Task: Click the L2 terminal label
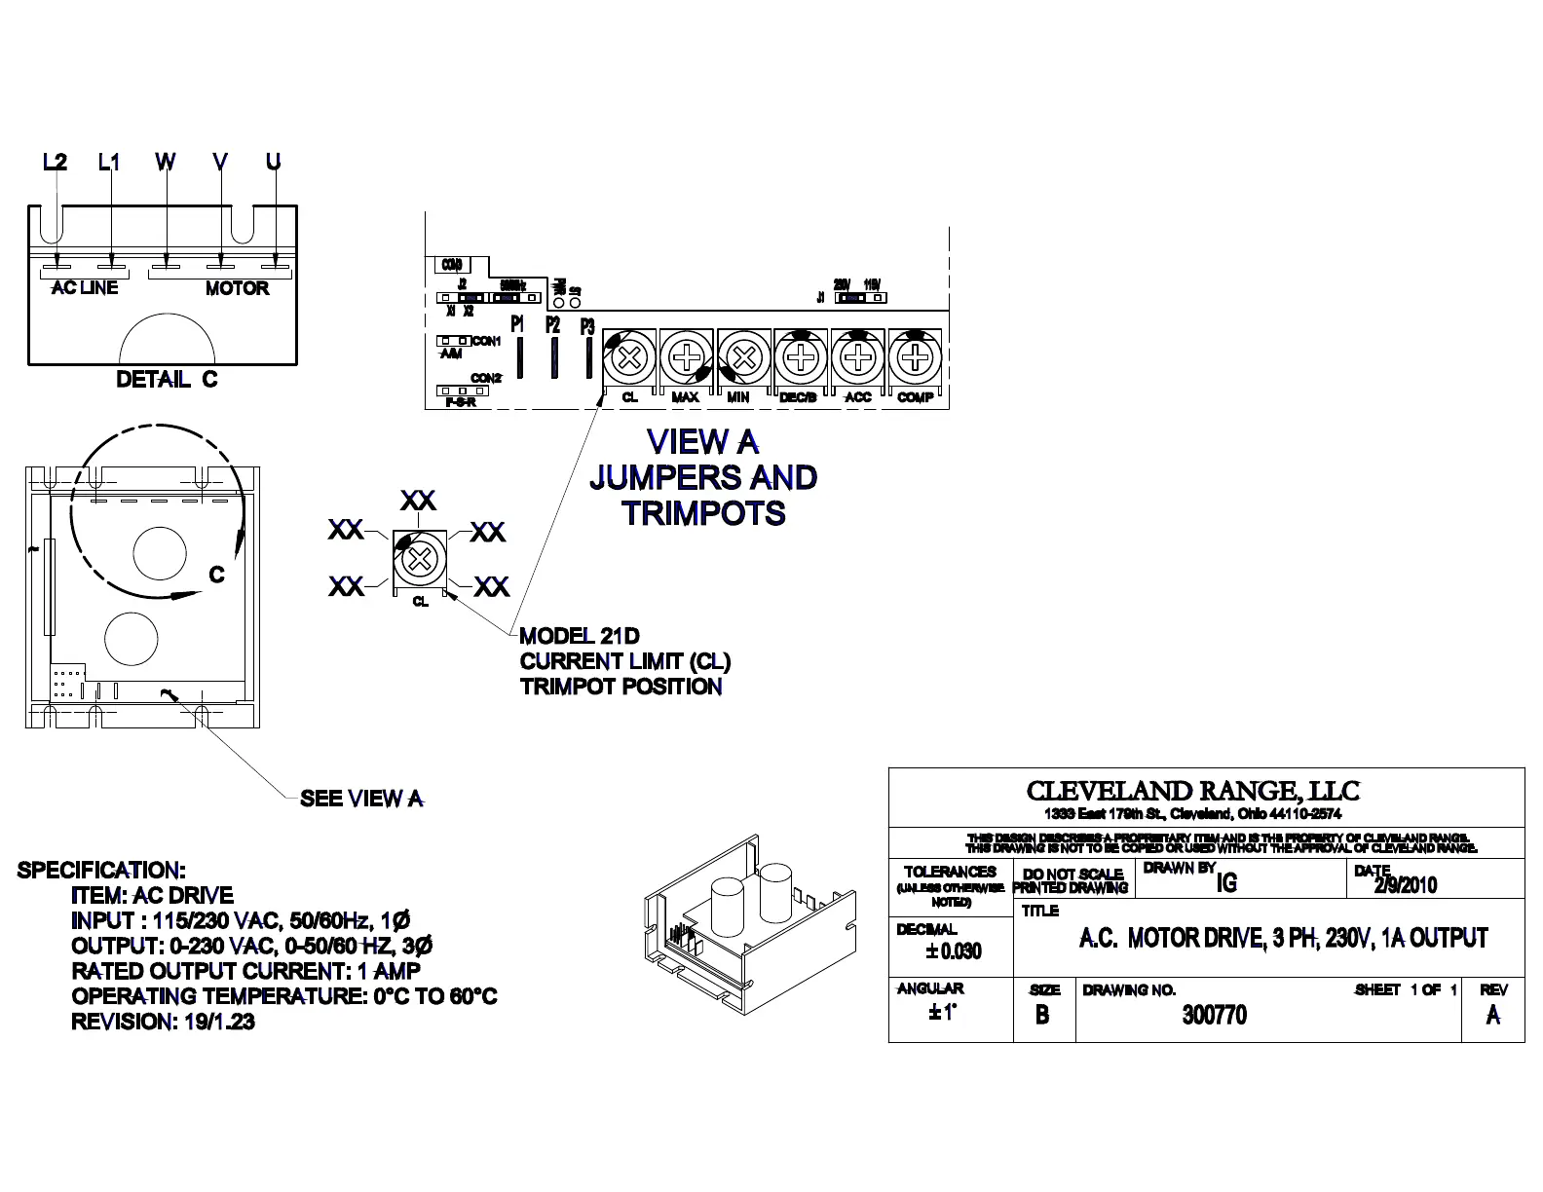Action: click(x=56, y=162)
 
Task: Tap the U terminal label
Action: click(x=274, y=162)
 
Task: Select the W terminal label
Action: click(x=166, y=162)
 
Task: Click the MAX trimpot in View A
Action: click(x=687, y=357)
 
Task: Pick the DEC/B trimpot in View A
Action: click(x=800, y=357)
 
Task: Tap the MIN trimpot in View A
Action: click(x=743, y=357)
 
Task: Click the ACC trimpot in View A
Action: click(x=857, y=357)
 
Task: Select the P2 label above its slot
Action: click(x=552, y=324)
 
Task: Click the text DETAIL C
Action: click(x=167, y=380)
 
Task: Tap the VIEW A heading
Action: click(x=702, y=443)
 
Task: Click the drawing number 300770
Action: click(x=1214, y=1015)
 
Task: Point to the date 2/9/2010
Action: click(x=1405, y=885)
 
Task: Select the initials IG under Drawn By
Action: click(x=1226, y=882)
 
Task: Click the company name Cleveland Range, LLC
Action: click(x=1192, y=791)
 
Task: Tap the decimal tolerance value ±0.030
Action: click(x=954, y=950)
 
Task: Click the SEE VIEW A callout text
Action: click(x=361, y=799)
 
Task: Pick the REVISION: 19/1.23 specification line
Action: click(x=163, y=1022)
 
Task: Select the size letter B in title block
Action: click(x=1042, y=1015)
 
